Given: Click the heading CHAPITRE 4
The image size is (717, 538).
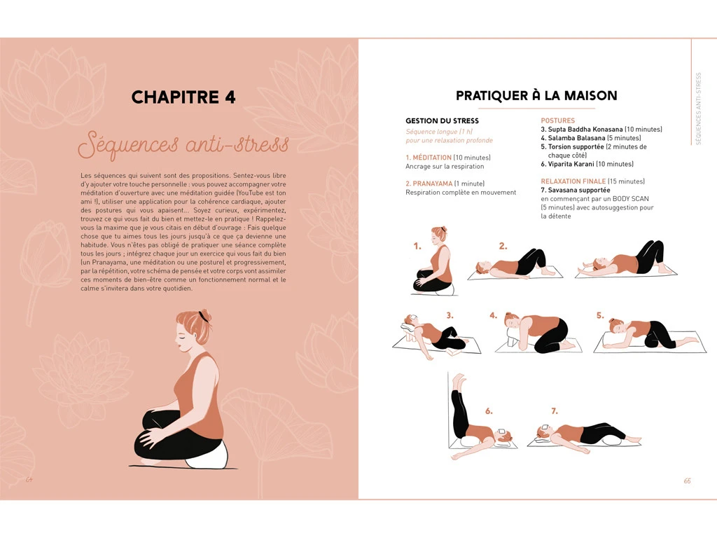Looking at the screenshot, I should (x=183, y=97).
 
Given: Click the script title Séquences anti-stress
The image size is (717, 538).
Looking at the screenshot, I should (x=183, y=145).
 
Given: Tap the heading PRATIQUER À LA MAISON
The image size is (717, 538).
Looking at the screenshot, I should (x=536, y=95).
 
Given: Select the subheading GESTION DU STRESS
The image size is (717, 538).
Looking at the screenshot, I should (x=442, y=121).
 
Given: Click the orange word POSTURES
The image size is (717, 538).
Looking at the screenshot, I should (x=557, y=121).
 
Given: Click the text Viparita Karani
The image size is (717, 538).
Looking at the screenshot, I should (x=571, y=164).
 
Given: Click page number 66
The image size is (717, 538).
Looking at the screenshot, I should (x=687, y=481).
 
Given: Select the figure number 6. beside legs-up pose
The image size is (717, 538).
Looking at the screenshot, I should (x=489, y=411).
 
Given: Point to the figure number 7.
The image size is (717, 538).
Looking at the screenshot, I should (x=554, y=411).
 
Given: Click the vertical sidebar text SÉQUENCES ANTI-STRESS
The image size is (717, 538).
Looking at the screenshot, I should (x=698, y=109).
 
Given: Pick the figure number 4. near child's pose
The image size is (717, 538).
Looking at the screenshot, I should (x=494, y=315).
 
